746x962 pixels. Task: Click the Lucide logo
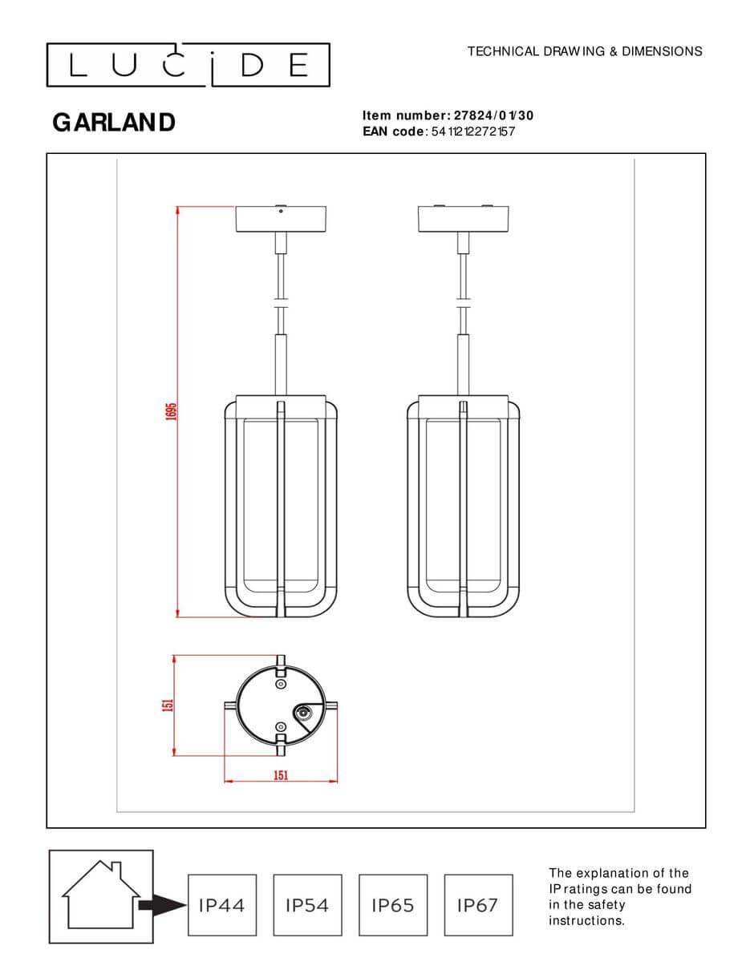tap(188, 65)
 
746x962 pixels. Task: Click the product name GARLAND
tap(114, 123)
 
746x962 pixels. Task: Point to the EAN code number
tap(472, 131)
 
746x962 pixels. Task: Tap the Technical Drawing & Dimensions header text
tap(584, 51)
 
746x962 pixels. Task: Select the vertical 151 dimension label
tap(168, 705)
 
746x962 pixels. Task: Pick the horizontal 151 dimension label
tap(280, 775)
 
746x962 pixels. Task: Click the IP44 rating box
tap(221, 905)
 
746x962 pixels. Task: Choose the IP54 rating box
tap(307, 905)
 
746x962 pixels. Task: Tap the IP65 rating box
tap(393, 905)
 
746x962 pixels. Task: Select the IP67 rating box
tap(477, 905)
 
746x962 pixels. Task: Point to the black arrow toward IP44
tap(162, 905)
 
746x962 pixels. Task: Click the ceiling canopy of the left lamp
tap(280, 220)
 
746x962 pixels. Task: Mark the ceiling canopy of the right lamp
tap(463, 220)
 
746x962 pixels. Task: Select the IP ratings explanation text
tap(618, 896)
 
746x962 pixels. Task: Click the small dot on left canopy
tap(280, 212)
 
